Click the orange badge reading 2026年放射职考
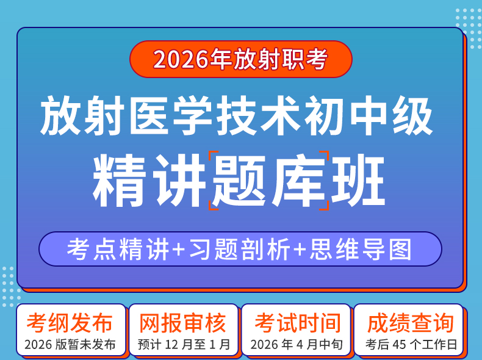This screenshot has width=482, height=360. [x=240, y=59]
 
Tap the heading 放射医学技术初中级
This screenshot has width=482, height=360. [x=236, y=115]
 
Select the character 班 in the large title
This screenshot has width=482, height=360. [x=358, y=181]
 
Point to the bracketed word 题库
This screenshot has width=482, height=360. [x=269, y=181]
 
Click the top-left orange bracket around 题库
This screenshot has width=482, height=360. [x=214, y=156]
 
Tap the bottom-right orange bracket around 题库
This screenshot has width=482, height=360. [x=325, y=205]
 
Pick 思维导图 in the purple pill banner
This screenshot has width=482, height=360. [x=361, y=249]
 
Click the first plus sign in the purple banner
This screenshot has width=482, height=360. [x=179, y=250]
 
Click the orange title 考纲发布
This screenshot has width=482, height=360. [x=70, y=323]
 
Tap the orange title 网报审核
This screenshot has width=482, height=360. [x=182, y=323]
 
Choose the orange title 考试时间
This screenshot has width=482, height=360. [x=298, y=323]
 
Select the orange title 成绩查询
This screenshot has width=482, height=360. [x=411, y=323]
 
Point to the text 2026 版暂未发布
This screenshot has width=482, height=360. [x=70, y=345]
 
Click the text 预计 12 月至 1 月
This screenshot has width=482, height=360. [x=184, y=345]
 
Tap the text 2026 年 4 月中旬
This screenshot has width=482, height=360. [x=297, y=345]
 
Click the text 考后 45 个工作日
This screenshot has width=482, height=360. [x=411, y=345]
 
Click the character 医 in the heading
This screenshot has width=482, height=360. [x=149, y=115]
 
